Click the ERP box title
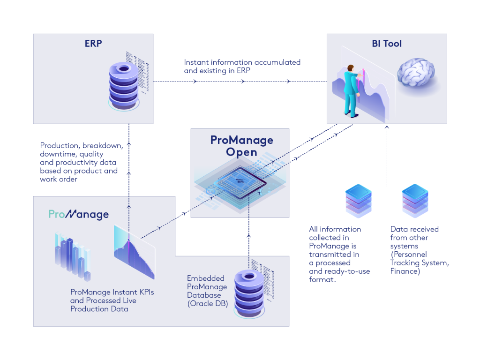pyautogui.click(x=93, y=44)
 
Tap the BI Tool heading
pyautogui.click(x=387, y=44)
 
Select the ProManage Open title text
pyautogui.click(x=241, y=146)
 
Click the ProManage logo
pyautogui.click(x=79, y=215)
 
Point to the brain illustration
pyautogui.click(x=416, y=75)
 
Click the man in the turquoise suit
pyautogui.click(x=351, y=91)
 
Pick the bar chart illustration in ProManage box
pyautogui.click(x=72, y=255)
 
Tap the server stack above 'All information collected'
pyautogui.click(x=358, y=202)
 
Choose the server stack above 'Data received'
pyautogui.click(x=415, y=202)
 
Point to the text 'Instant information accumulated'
pyautogui.click(x=242, y=62)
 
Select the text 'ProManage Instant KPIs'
pyautogui.click(x=112, y=292)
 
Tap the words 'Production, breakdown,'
pyautogui.click(x=82, y=145)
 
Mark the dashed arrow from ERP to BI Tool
pyautogui.click(x=243, y=82)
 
